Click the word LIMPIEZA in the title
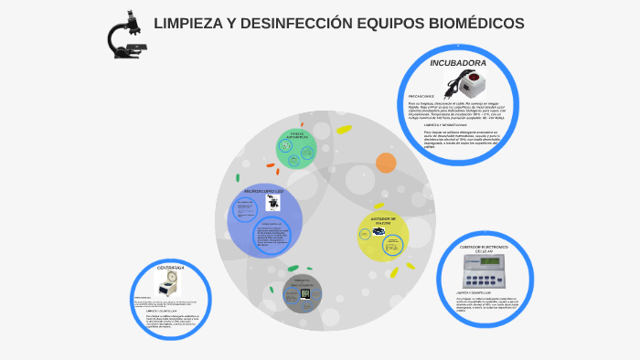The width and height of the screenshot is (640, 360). click(x=188, y=23)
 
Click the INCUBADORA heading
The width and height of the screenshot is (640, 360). click(x=458, y=63)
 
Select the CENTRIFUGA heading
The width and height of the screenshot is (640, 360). click(x=171, y=268)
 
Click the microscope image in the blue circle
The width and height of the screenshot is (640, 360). click(x=272, y=202)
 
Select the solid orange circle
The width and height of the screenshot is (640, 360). click(x=386, y=163)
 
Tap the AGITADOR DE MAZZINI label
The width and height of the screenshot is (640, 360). click(x=381, y=221)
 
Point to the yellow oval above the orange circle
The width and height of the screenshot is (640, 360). click(x=344, y=129)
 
